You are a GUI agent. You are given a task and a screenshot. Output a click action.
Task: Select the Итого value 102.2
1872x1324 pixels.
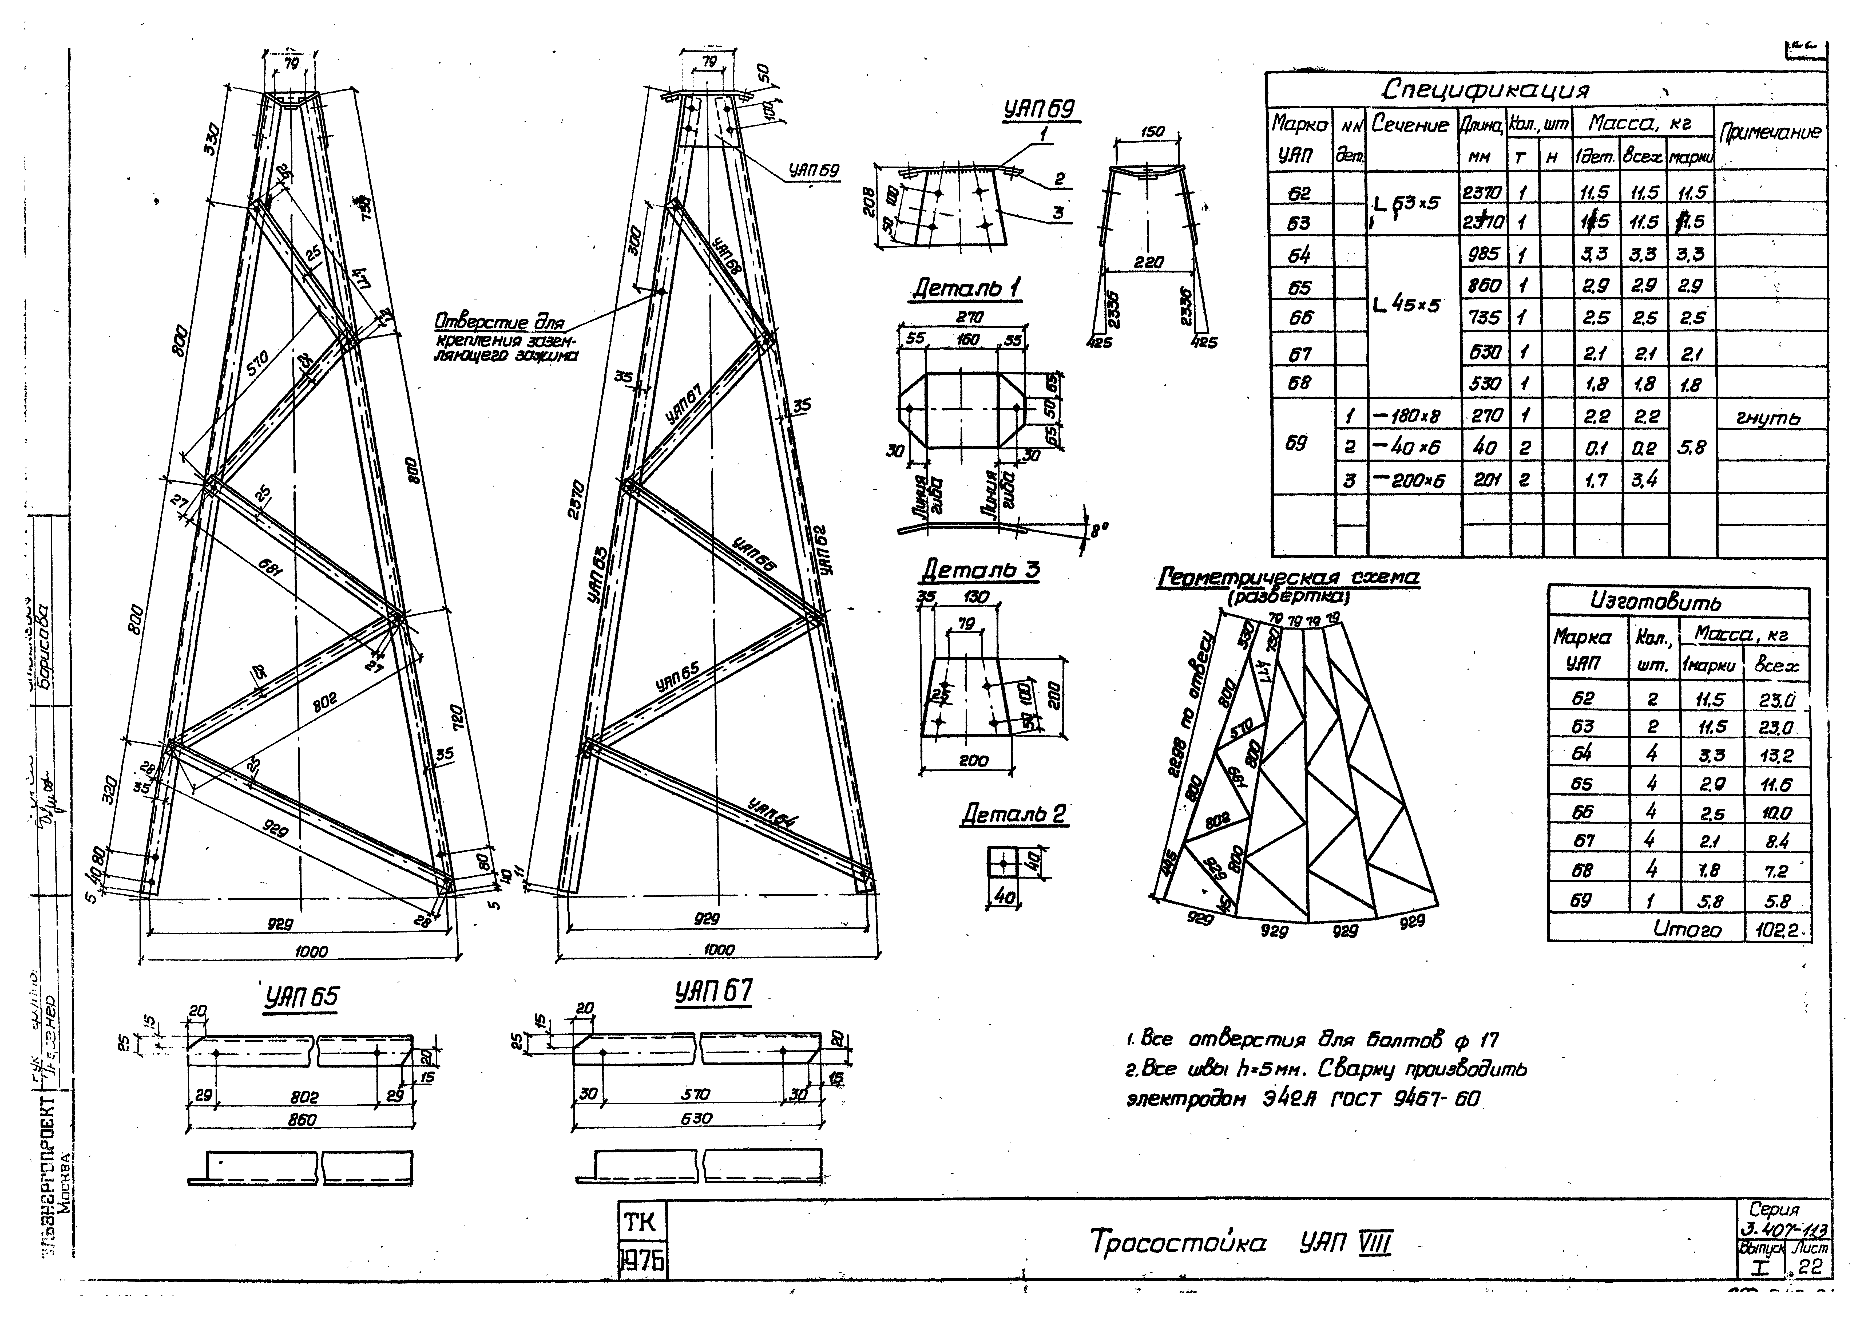click(1778, 930)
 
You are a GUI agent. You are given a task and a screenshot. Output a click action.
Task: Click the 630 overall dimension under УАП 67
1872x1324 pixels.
click(696, 1119)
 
